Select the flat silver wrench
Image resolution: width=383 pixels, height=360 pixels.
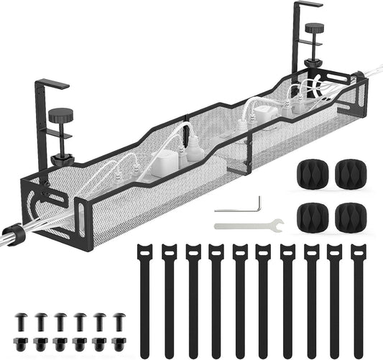(x=249, y=226)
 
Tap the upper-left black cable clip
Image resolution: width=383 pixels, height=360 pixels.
(x=308, y=172)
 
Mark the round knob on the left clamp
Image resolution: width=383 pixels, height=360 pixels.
(x=58, y=115)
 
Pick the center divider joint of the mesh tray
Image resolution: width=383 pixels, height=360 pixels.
(x=185, y=140)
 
